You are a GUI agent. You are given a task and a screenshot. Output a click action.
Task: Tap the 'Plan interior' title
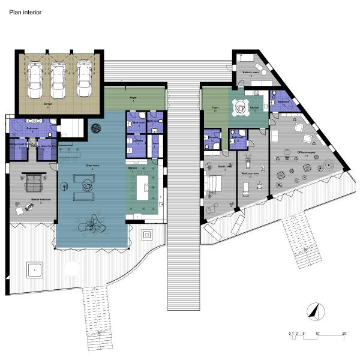click(x=25, y=11)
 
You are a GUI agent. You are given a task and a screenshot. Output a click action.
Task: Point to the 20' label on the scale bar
click(x=344, y=332)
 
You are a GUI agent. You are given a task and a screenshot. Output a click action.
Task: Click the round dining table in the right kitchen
click(x=241, y=108)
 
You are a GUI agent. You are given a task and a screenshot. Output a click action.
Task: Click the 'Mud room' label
click(x=137, y=122)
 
